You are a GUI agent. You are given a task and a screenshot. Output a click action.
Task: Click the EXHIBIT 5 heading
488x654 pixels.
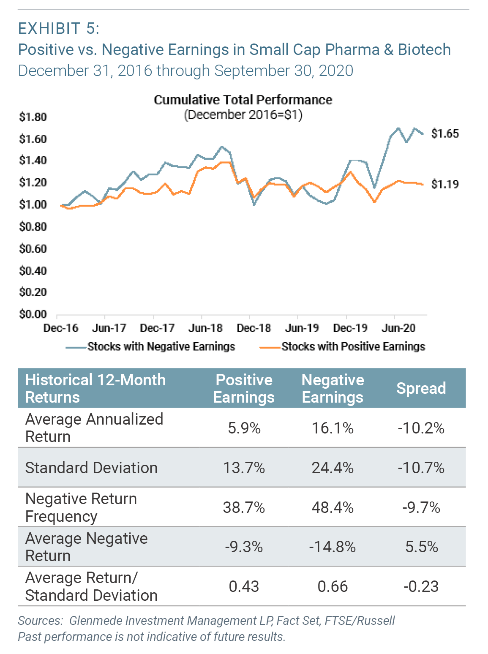tap(59, 28)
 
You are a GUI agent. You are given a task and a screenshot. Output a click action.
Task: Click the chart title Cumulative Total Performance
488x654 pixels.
tap(243, 100)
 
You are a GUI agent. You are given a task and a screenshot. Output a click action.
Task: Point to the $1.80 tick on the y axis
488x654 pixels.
tap(33, 117)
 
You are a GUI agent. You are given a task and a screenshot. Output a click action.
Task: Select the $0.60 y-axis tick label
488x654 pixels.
tap(33, 248)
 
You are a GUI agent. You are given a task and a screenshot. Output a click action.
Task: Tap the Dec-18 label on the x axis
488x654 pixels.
tap(254, 328)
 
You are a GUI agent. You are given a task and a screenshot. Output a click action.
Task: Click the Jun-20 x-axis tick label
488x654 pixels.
tap(398, 328)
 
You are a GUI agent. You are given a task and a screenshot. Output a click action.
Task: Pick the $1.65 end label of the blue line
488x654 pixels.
tap(444, 134)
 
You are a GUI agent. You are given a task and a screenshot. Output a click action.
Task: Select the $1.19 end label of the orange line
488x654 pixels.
tap(444, 184)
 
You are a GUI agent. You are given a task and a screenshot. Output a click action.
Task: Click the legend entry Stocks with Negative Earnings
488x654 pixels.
tap(161, 347)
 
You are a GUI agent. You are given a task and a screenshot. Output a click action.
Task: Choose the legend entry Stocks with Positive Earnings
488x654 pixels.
tap(353, 347)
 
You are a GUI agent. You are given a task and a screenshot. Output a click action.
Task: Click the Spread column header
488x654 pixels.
tap(421, 388)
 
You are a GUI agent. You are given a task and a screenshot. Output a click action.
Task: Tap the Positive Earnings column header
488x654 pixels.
tap(244, 388)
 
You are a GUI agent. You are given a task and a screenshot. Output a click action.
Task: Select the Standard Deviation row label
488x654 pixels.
tap(91, 468)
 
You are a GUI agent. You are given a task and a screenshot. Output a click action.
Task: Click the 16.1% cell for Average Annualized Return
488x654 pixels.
tap(333, 428)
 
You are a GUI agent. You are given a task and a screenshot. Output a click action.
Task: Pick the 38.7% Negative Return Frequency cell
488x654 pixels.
tap(244, 507)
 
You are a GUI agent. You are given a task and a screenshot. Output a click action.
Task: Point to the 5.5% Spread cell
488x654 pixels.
tap(421, 547)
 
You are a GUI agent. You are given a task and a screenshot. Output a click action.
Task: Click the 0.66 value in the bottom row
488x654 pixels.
tap(333, 586)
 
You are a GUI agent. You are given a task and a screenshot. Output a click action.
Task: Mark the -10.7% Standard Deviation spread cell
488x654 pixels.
tap(421, 468)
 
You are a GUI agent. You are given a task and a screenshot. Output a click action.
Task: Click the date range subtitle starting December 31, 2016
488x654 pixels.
tap(185, 71)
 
